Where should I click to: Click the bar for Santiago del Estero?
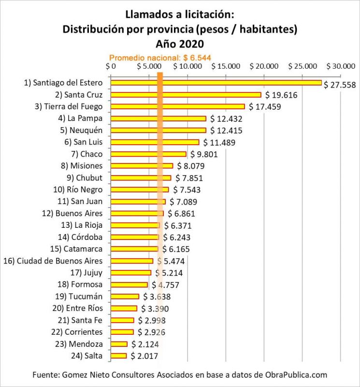point(216,83)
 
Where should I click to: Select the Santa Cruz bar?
point(186,95)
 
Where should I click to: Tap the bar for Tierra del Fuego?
point(178,106)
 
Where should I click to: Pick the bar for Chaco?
point(148,154)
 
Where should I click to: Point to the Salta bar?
point(119,356)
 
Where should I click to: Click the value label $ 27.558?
point(340,85)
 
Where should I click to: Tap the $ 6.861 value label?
point(183,213)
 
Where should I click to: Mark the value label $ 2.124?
point(147,344)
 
